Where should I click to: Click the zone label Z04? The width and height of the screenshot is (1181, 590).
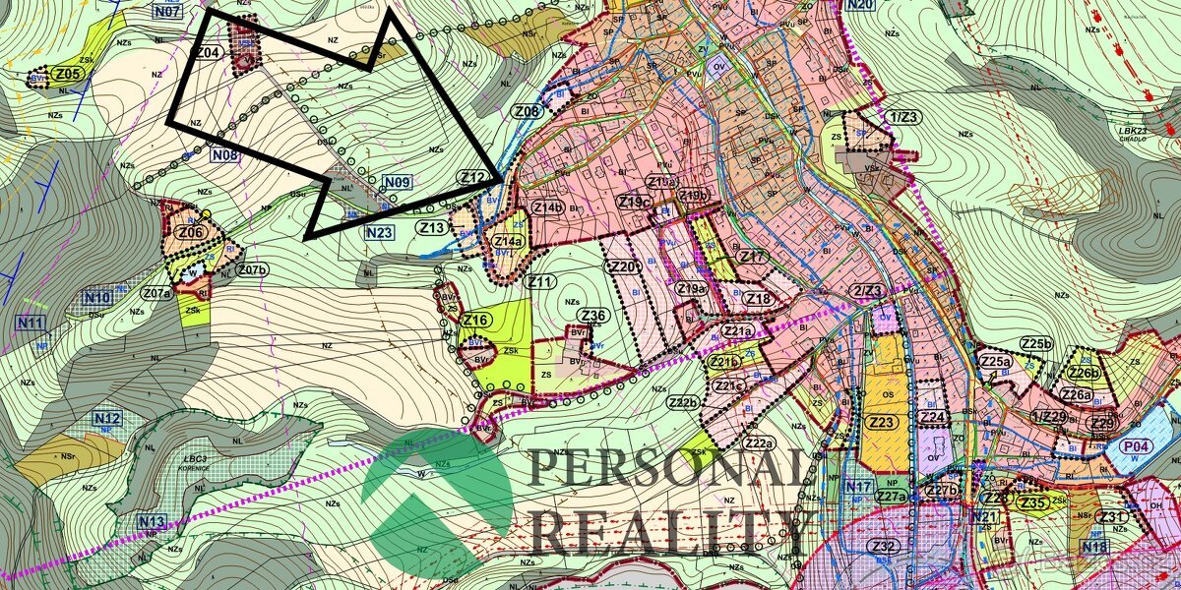(x=207, y=52)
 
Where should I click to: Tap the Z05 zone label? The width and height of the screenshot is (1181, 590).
(x=67, y=74)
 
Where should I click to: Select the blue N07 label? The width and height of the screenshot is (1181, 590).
(x=168, y=13)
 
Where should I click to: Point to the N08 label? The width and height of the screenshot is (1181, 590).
(x=224, y=154)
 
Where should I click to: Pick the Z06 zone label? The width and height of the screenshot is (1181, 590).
(x=190, y=232)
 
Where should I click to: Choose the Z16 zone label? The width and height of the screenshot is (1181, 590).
(x=476, y=320)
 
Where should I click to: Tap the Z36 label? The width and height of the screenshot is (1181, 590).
(x=593, y=315)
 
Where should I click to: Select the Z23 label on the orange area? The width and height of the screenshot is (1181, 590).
(x=883, y=422)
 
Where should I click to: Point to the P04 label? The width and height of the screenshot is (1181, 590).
(x=1137, y=446)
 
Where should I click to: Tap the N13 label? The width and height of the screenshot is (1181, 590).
(x=152, y=521)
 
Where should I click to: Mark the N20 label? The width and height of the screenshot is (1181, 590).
(x=859, y=5)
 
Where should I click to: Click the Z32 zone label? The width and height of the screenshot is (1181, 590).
(x=883, y=547)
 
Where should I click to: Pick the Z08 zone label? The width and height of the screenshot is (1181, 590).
(x=527, y=112)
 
